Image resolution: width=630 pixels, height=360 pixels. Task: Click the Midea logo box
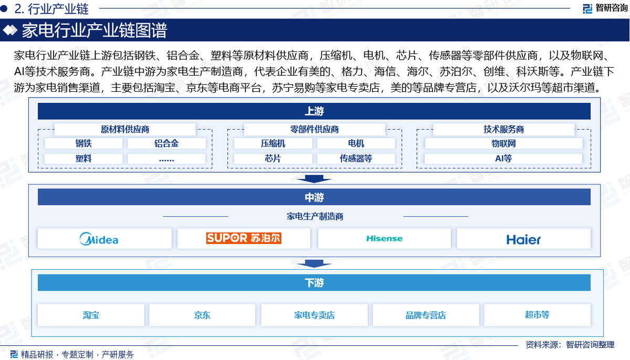pos(104,239)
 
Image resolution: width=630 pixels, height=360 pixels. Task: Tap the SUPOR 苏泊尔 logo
pos(244,238)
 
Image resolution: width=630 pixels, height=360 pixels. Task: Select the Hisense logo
pos(384,239)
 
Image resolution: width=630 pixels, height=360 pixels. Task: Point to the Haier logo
pos(523,239)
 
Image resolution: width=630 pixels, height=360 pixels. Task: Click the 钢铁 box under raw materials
pos(83,143)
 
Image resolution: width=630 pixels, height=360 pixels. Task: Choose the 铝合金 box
pos(166,143)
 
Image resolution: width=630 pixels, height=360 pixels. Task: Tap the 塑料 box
pos(83,158)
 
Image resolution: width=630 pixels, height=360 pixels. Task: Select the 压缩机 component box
pos(273,143)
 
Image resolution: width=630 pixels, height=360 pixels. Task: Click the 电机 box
pos(356,143)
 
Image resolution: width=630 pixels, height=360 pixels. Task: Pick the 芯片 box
pos(273,158)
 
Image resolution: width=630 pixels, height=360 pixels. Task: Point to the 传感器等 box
pos(356,158)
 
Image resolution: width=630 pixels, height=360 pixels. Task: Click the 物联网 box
pos(503,143)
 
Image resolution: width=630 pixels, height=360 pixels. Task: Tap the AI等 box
pos(503,158)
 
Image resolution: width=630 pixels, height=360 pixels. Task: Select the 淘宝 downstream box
pos(91,315)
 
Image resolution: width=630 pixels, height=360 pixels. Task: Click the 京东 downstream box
pos(202,315)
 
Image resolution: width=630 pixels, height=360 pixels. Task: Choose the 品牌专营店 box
pos(426,315)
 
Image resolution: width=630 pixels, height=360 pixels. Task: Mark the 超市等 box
pos(537,315)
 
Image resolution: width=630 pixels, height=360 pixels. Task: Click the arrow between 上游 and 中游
pos(314,178)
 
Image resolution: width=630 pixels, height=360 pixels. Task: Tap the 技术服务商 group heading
pos(503,129)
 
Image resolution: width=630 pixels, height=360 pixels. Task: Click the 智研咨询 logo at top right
pos(604,8)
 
